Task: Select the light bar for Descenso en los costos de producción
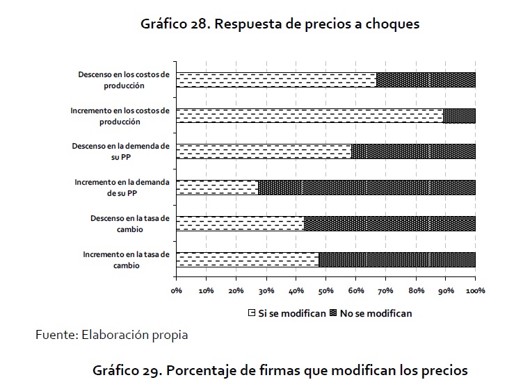[276, 80]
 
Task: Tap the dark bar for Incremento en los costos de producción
[459, 116]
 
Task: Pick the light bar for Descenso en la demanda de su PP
[264, 151]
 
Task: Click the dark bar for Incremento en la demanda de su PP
[367, 188]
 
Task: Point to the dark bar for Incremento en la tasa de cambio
[397, 259]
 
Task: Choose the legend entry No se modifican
[376, 313]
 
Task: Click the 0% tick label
[176, 290]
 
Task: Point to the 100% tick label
[476, 290]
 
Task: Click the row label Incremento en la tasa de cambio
[126, 260]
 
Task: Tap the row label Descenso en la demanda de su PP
[120, 151]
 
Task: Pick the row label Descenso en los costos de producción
[123, 80]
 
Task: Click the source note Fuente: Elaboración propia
[111, 336]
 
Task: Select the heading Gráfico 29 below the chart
[280, 369]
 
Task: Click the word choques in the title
[394, 24]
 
